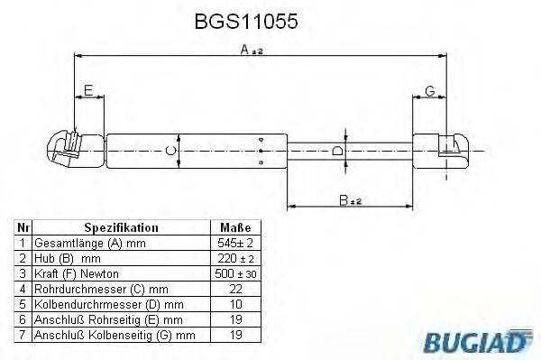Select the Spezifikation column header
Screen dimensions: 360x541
pos(121,228)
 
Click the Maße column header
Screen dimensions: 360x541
pos(234,228)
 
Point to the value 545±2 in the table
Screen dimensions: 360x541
pos(234,244)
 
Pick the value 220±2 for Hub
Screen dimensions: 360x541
pos(234,258)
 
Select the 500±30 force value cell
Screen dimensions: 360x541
pos(234,272)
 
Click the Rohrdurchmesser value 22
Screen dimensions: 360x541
pos(234,289)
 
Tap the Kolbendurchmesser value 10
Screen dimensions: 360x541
pos(234,304)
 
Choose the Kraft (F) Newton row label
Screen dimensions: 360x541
pos(76,273)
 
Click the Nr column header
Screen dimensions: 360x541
pos(23,228)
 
